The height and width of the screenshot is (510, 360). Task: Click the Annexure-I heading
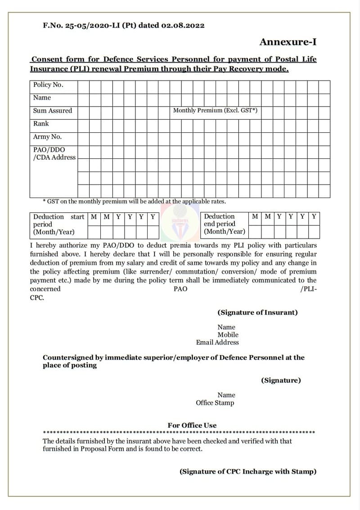click(x=288, y=42)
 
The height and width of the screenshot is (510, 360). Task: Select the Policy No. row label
click(x=48, y=85)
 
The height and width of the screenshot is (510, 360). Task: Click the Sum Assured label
click(x=53, y=111)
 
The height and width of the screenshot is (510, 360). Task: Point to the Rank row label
click(x=41, y=123)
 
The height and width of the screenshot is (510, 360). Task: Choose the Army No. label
click(x=47, y=137)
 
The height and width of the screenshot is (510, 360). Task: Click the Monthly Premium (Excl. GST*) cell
click(x=215, y=111)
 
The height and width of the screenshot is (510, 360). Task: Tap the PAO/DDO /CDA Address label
click(x=54, y=153)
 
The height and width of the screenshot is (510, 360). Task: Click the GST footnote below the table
click(x=134, y=201)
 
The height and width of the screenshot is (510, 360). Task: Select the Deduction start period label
click(x=58, y=224)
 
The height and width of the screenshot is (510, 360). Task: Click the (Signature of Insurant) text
click(x=257, y=312)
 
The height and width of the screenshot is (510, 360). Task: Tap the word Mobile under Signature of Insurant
click(x=228, y=335)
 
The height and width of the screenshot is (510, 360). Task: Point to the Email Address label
click(x=217, y=343)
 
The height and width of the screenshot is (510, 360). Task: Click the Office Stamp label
click(x=215, y=403)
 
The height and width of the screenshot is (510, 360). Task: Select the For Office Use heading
click(x=192, y=425)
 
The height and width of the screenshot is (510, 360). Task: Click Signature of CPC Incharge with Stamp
click(x=248, y=472)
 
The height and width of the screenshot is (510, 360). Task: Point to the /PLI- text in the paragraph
click(x=308, y=289)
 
